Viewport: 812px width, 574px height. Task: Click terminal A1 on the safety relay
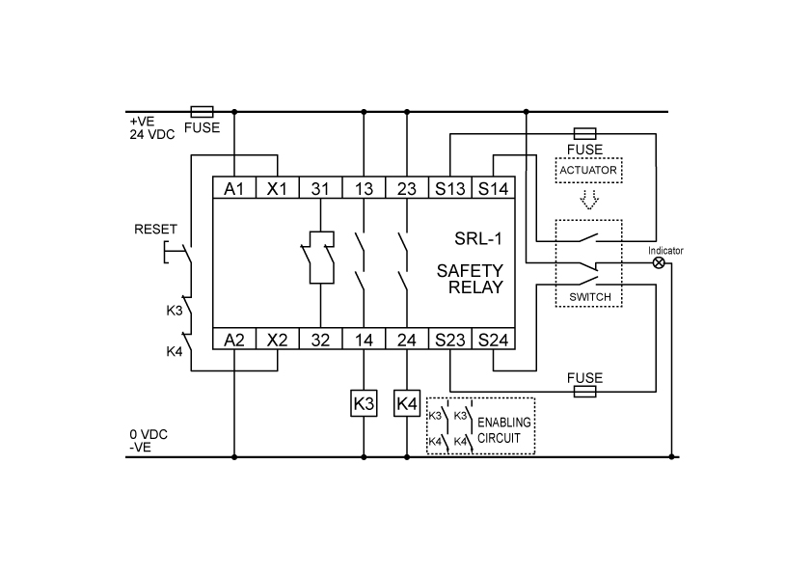[x=233, y=189]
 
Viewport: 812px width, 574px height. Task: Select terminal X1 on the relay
[x=277, y=189]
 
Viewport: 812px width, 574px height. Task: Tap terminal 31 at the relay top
[x=319, y=189]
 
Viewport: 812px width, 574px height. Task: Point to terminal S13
[x=449, y=189]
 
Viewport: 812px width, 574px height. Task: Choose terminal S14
[x=493, y=189]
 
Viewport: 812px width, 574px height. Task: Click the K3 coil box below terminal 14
[x=363, y=403]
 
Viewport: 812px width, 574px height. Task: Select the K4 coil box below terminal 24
[x=406, y=403]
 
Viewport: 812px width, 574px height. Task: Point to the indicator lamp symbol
[x=660, y=262]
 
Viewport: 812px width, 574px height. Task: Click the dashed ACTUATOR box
[x=587, y=171]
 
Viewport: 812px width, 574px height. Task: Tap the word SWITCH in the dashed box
[x=588, y=297]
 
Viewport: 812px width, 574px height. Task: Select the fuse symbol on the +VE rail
[x=203, y=112]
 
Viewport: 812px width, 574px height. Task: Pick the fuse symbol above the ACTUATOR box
[x=584, y=133]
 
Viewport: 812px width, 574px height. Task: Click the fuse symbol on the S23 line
[x=584, y=392]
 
